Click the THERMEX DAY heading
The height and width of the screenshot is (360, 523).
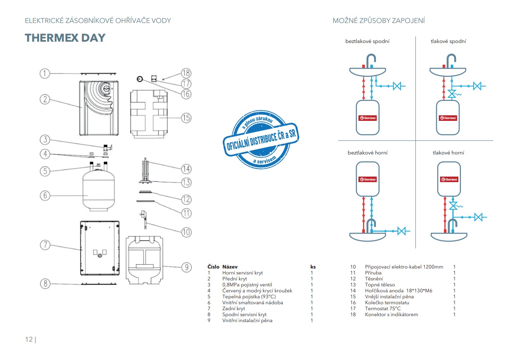click(x=65, y=37)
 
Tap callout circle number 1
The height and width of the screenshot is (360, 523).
click(x=45, y=73)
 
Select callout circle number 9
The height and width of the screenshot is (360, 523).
click(x=186, y=267)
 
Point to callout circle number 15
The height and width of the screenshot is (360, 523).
click(x=186, y=117)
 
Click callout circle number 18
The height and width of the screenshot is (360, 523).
click(x=186, y=73)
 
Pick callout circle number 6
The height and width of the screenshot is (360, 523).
click(x=45, y=196)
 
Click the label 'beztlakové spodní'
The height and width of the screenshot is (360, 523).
click(x=367, y=41)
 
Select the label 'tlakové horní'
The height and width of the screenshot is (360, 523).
click(x=448, y=152)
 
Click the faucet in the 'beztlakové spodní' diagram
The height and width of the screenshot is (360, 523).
click(x=371, y=60)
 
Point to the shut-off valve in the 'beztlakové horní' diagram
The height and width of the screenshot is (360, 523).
click(x=401, y=231)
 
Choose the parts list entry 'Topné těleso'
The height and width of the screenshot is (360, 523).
click(x=380, y=285)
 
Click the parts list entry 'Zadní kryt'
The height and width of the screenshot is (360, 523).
click(x=233, y=309)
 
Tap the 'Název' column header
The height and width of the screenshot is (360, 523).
click(x=230, y=267)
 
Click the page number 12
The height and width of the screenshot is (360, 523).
click(x=29, y=339)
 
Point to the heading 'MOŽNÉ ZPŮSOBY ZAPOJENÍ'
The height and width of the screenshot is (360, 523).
click(x=379, y=20)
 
